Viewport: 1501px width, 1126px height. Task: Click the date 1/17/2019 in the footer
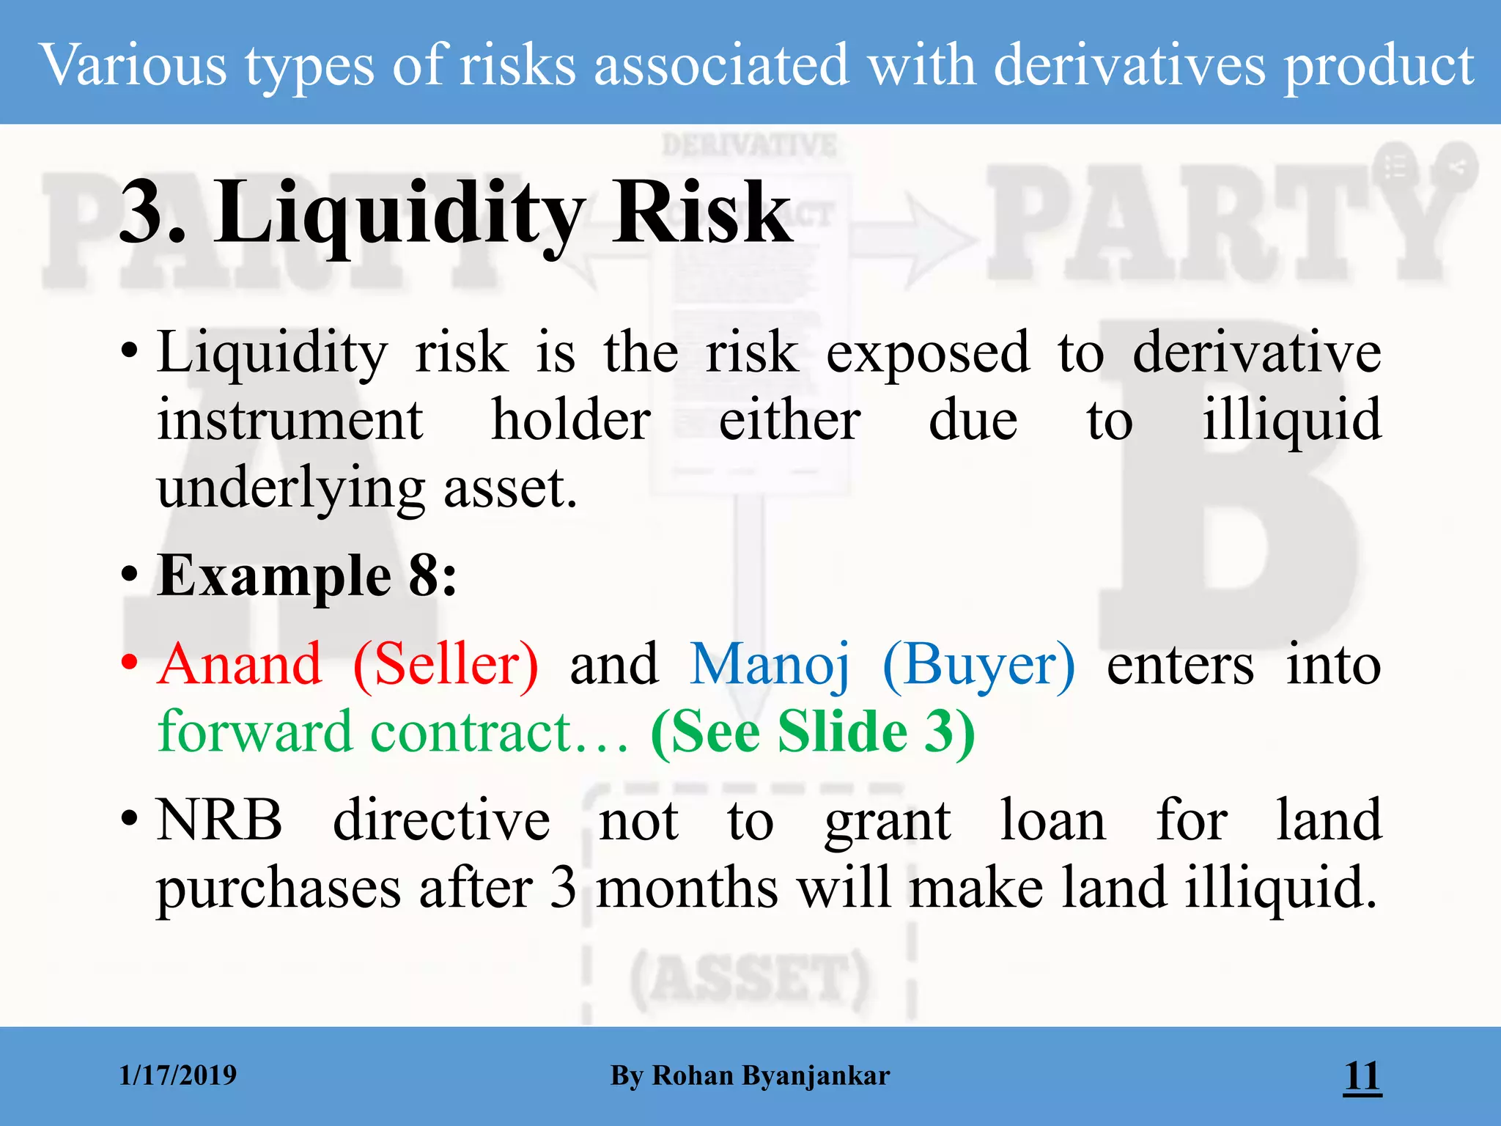[177, 1075]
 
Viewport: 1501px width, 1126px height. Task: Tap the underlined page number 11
[1362, 1077]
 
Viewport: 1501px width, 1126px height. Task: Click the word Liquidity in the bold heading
[399, 214]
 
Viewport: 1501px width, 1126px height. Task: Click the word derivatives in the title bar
[1129, 65]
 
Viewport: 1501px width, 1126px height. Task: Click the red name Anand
[240, 664]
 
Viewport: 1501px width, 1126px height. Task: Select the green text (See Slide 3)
[813, 732]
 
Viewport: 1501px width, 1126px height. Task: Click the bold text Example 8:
[307, 576]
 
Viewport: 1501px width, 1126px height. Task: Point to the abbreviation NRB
[219, 820]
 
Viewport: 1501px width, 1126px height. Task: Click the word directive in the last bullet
[441, 820]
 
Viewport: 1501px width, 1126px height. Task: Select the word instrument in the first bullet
[290, 420]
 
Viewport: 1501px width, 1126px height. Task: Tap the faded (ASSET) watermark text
[749, 979]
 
